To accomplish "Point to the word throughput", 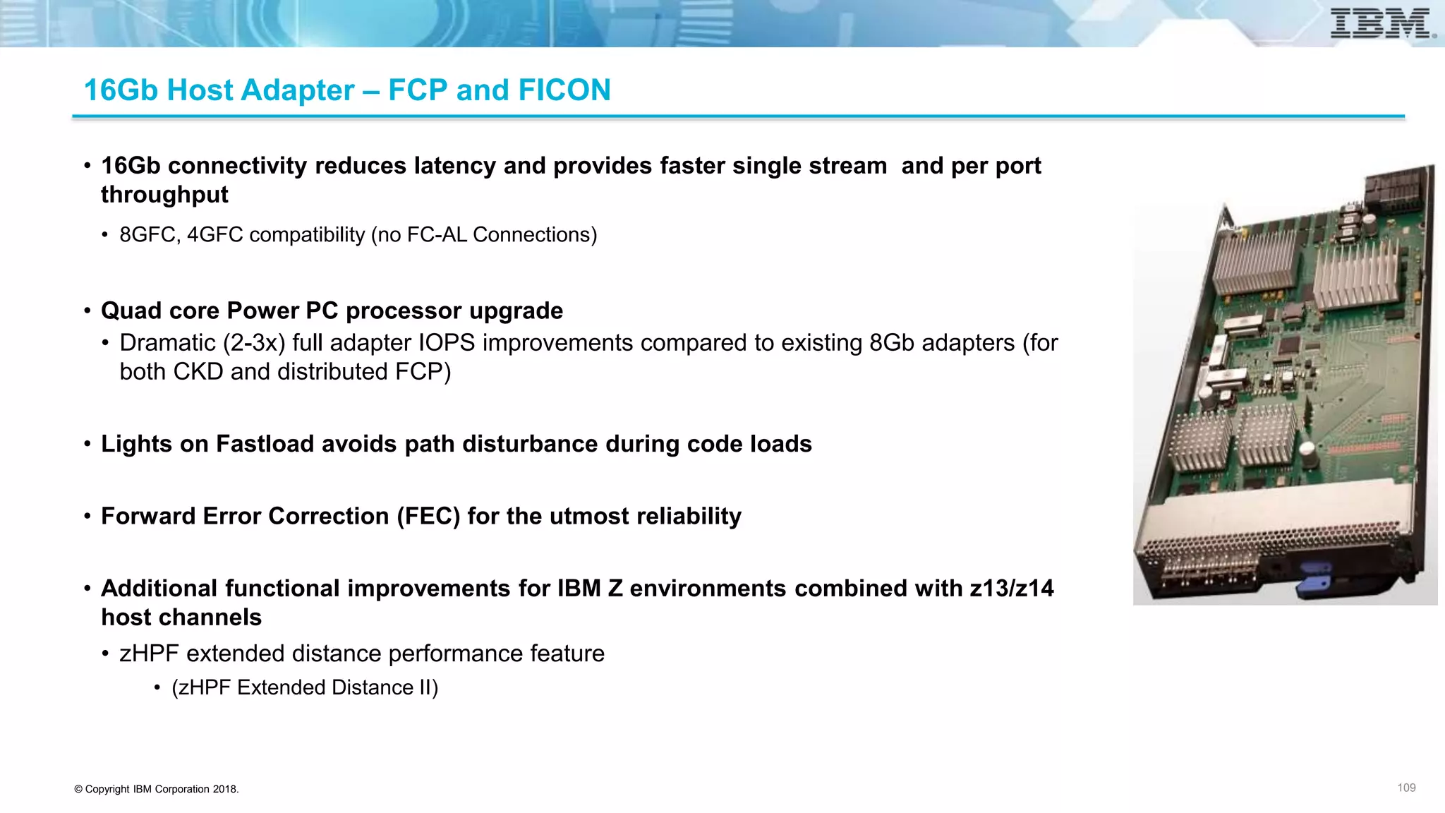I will tap(164, 195).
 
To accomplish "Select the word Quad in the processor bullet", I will tap(131, 311).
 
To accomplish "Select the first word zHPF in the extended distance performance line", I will tap(149, 654).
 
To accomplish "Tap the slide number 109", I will tap(1406, 788).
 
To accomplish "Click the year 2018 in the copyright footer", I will tap(224, 790).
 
